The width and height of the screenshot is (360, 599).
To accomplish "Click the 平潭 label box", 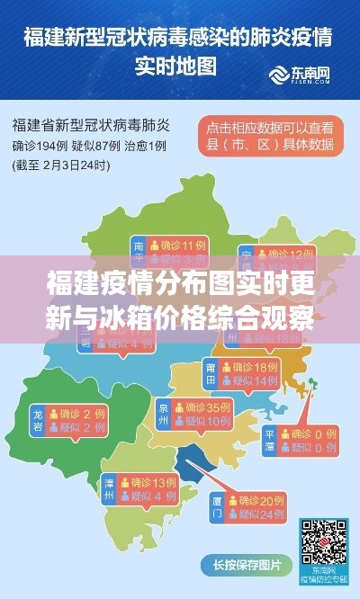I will tap(270, 441).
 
